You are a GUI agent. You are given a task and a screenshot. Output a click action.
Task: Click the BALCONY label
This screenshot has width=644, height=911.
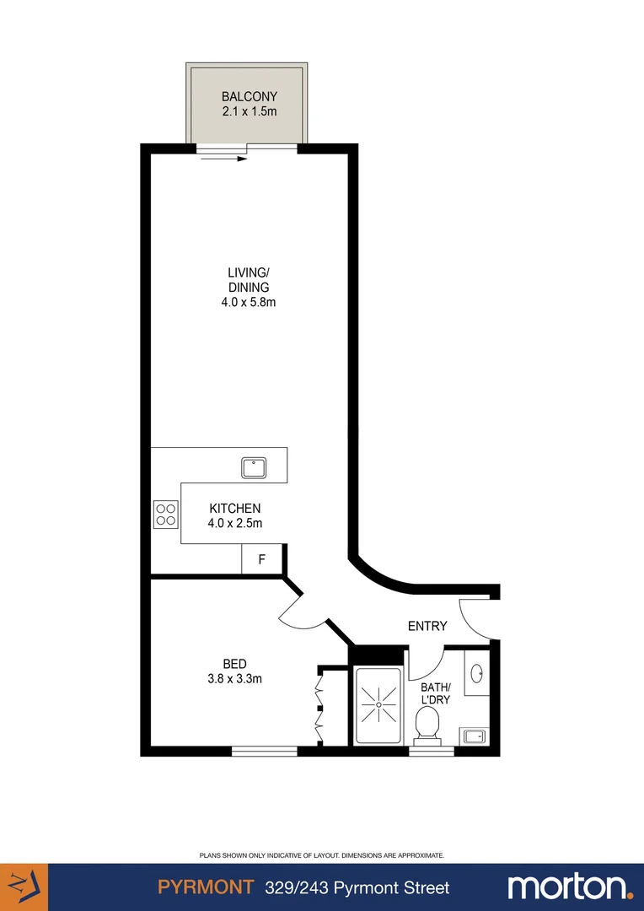coord(249,97)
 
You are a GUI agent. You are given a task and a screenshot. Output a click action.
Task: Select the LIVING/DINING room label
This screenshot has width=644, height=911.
coord(248,279)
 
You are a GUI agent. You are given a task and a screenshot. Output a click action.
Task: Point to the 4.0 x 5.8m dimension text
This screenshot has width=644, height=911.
coord(248,301)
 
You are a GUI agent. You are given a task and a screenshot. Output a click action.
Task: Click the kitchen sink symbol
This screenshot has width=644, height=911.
coord(254,466)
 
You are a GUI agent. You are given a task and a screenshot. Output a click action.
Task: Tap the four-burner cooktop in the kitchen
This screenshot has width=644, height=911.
coord(165,514)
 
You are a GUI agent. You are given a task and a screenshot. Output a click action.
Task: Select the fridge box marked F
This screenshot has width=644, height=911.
coord(261,559)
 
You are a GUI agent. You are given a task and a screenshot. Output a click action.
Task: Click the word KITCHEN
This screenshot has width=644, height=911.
coord(235,509)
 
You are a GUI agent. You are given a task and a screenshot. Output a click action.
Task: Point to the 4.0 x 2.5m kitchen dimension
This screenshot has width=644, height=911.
coord(235,523)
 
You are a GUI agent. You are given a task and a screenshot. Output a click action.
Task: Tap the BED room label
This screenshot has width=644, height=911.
coord(235,664)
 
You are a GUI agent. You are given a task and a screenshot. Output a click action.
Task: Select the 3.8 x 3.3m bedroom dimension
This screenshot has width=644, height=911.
coord(235,678)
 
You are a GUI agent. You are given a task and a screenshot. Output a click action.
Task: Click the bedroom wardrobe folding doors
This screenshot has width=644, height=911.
coord(319,705)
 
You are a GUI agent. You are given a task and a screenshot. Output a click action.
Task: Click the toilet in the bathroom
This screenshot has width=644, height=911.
coord(427,723)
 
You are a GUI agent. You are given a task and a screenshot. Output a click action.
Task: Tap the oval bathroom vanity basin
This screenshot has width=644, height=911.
coord(477,674)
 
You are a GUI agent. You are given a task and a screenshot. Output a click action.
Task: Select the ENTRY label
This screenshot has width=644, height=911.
coord(427,626)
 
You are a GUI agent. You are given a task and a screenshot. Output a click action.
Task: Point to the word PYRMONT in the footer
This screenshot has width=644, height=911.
coord(206,887)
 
